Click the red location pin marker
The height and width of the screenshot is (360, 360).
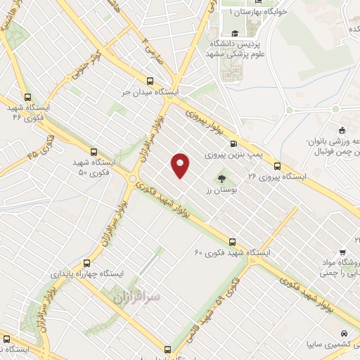[x=181, y=165]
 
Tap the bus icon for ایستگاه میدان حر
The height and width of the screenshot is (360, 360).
[x=150, y=81]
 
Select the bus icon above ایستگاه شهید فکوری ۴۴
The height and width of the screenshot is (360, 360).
[x=27, y=98]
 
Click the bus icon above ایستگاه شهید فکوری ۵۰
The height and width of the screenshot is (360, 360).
[x=94, y=151]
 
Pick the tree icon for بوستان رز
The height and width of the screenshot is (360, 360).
[x=222, y=179]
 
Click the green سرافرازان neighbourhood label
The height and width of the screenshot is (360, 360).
[x=137, y=298]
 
